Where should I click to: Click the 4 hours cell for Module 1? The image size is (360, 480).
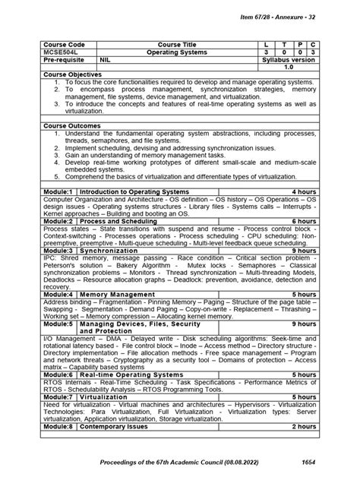pyautogui.click(x=304, y=192)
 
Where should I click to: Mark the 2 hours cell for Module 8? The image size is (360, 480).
pyautogui.click(x=304, y=426)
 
